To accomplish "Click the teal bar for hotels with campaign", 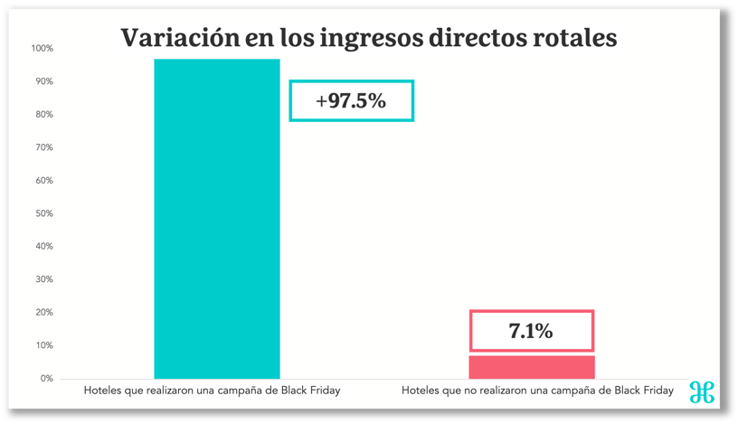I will pyautogui.click(x=217, y=217).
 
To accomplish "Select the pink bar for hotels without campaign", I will pyautogui.click(x=532, y=366).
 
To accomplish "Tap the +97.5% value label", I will pyautogui.click(x=351, y=101).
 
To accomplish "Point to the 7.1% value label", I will pyautogui.click(x=532, y=331).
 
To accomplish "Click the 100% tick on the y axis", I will pyautogui.click(x=43, y=48).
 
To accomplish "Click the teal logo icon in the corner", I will pyautogui.click(x=702, y=391).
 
